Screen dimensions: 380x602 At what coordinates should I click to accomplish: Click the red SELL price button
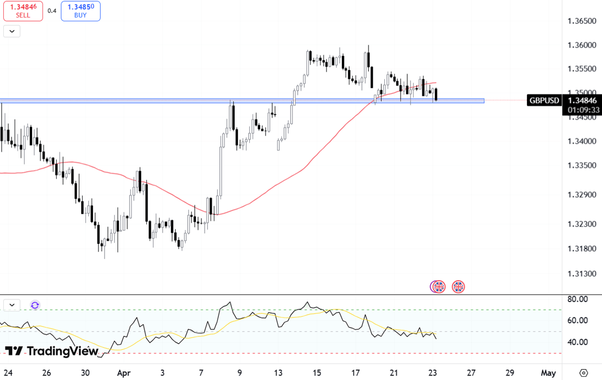[23, 11]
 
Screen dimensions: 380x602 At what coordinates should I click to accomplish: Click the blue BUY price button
[81, 11]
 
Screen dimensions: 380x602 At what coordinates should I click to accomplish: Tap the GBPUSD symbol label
[544, 100]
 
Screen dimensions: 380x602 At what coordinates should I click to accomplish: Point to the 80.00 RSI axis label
[577, 299]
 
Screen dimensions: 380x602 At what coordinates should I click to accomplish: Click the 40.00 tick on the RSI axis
[577, 342]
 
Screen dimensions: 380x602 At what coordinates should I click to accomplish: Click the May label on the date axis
[548, 373]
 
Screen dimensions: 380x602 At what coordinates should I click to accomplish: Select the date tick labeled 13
[279, 373]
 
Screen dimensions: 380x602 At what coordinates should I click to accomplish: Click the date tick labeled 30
[85, 373]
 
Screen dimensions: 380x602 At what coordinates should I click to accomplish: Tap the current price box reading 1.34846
[581, 100]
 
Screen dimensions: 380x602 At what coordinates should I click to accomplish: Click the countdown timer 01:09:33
[581, 110]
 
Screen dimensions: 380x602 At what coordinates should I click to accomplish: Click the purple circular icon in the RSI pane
[35, 305]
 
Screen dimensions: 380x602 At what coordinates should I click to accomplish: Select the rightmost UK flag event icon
[458, 286]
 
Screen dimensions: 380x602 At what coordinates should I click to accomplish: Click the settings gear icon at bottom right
[583, 373]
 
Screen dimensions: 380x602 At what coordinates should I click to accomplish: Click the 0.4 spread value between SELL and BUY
[52, 11]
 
